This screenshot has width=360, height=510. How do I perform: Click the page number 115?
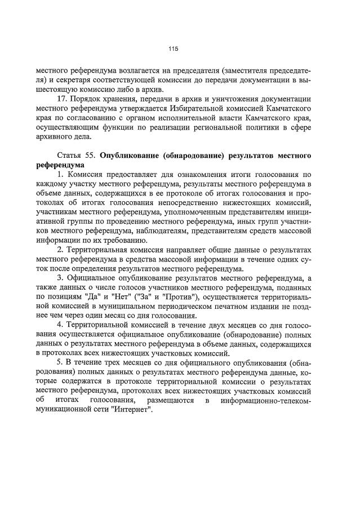pyautogui.click(x=173, y=50)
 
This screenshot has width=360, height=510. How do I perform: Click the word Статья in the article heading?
pyautogui.click(x=70, y=154)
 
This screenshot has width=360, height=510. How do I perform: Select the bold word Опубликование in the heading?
pyautogui.click(x=133, y=154)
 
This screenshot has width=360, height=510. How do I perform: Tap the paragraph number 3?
pyautogui.click(x=61, y=277)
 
